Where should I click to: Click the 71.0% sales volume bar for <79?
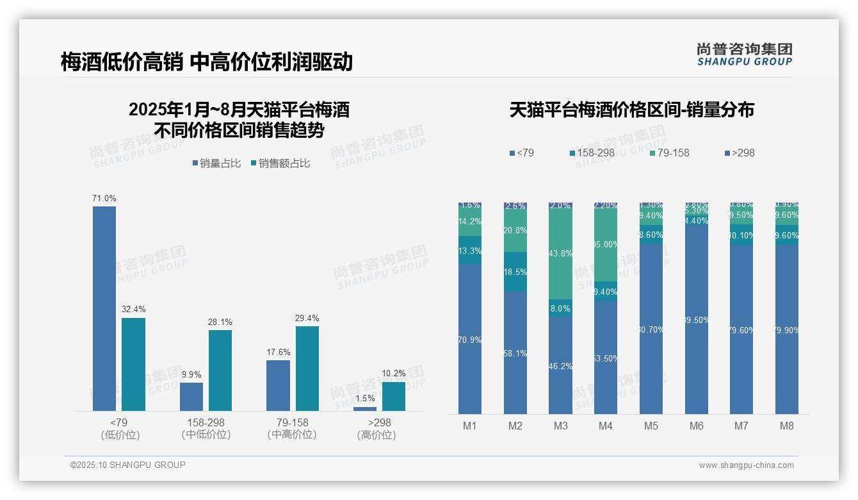point(104,308)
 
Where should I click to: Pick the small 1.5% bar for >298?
point(365,408)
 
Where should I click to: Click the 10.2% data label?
point(394,374)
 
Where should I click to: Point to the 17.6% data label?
point(278,352)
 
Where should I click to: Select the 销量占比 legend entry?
point(216,163)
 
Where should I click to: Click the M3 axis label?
point(560,426)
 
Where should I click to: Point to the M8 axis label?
point(787,426)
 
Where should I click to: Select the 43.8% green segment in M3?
point(560,254)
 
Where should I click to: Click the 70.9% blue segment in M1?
point(470,340)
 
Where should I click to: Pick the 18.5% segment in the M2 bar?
point(515,272)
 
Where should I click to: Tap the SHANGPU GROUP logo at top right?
point(744,54)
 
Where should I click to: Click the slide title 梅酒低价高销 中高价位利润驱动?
point(206,62)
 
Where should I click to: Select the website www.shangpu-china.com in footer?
point(746,465)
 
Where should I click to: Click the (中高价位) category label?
point(292,435)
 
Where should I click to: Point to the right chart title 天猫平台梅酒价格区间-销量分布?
point(631,110)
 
